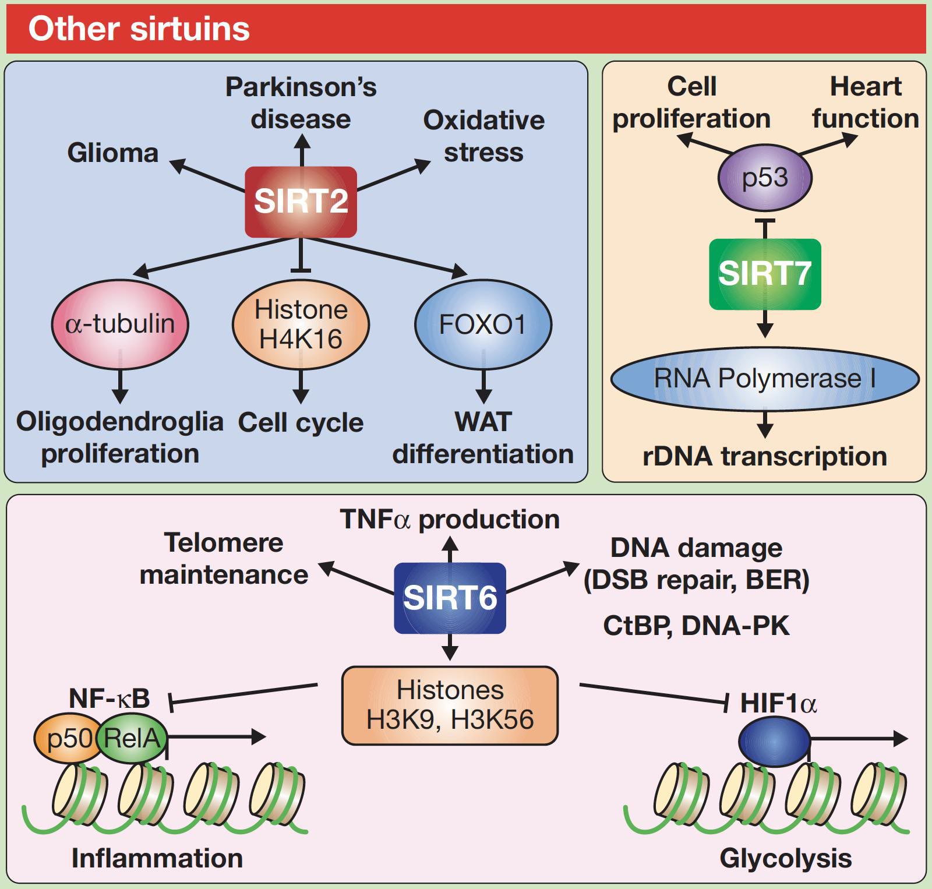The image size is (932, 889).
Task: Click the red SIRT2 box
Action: [301, 202]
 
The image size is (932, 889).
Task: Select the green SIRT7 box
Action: [764, 274]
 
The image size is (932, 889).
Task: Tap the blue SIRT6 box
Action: [450, 598]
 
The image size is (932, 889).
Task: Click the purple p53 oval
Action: [765, 177]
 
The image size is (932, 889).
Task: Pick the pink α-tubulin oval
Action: [120, 324]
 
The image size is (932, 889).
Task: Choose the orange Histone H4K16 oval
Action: [301, 324]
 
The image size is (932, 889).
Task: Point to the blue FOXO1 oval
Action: [483, 324]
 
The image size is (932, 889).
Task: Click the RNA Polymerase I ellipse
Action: [764, 379]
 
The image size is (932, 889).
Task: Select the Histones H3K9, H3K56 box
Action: [450, 705]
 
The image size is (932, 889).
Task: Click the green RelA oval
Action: [133, 739]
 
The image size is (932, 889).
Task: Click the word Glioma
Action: [113, 153]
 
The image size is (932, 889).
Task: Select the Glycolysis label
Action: [785, 858]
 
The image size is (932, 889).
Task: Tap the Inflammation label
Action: [157, 858]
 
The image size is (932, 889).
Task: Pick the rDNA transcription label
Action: [764, 456]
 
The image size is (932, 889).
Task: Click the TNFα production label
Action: [450, 520]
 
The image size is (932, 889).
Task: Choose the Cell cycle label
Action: [301, 422]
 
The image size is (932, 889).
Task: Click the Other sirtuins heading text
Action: [139, 29]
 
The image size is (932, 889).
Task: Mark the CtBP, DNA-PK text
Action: [696, 626]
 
